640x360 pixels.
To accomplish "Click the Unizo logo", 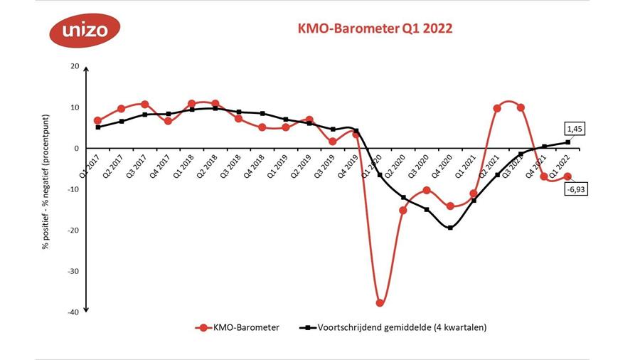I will click(85, 30).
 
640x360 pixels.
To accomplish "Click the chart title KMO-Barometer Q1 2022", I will click(374, 28).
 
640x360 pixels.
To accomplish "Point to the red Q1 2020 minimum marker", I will click(380, 302).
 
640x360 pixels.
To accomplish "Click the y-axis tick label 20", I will click(73, 66).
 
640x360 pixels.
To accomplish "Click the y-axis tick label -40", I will click(72, 312).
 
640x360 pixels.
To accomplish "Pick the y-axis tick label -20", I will click(72, 230).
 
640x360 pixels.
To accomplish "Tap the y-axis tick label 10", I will click(73, 107).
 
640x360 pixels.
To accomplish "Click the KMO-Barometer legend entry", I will click(238, 327).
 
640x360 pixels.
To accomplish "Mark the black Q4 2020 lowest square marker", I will click(450, 228).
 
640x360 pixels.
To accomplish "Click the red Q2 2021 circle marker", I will click(497, 108).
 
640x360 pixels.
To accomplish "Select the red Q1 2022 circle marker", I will click(567, 176).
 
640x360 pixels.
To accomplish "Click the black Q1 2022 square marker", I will click(567, 142).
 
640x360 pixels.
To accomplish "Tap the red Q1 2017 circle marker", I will click(97, 121).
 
